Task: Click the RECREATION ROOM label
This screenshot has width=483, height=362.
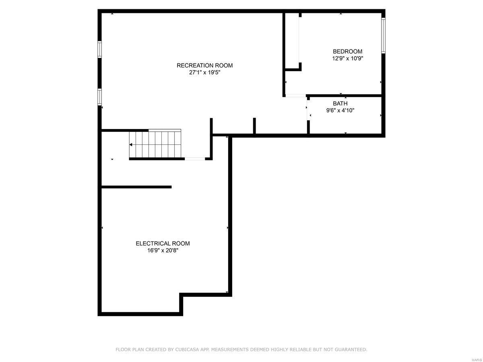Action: pos(204,66)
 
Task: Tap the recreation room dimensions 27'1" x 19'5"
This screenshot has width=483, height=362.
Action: pos(204,73)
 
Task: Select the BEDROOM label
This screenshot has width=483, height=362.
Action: pos(347,51)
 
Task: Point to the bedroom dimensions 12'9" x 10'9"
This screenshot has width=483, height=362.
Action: pos(347,58)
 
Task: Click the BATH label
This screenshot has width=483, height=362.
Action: pos(340,103)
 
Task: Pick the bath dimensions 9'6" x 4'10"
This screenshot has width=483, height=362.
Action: pos(340,110)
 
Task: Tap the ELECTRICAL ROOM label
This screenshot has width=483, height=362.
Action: pos(163,243)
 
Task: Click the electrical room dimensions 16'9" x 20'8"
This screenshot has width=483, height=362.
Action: pos(163,250)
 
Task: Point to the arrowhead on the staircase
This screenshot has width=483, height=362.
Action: pos(131,144)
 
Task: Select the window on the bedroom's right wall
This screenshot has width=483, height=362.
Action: pos(383,35)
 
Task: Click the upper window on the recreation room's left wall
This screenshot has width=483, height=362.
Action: pos(99,49)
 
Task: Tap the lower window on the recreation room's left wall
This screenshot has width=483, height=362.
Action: pos(99,97)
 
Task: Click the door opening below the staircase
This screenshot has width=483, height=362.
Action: pos(195,159)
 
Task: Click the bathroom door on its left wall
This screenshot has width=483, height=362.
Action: pos(308,109)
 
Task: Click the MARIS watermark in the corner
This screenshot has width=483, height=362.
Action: pos(477,358)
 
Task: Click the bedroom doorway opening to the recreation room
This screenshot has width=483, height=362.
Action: pos(295,96)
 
